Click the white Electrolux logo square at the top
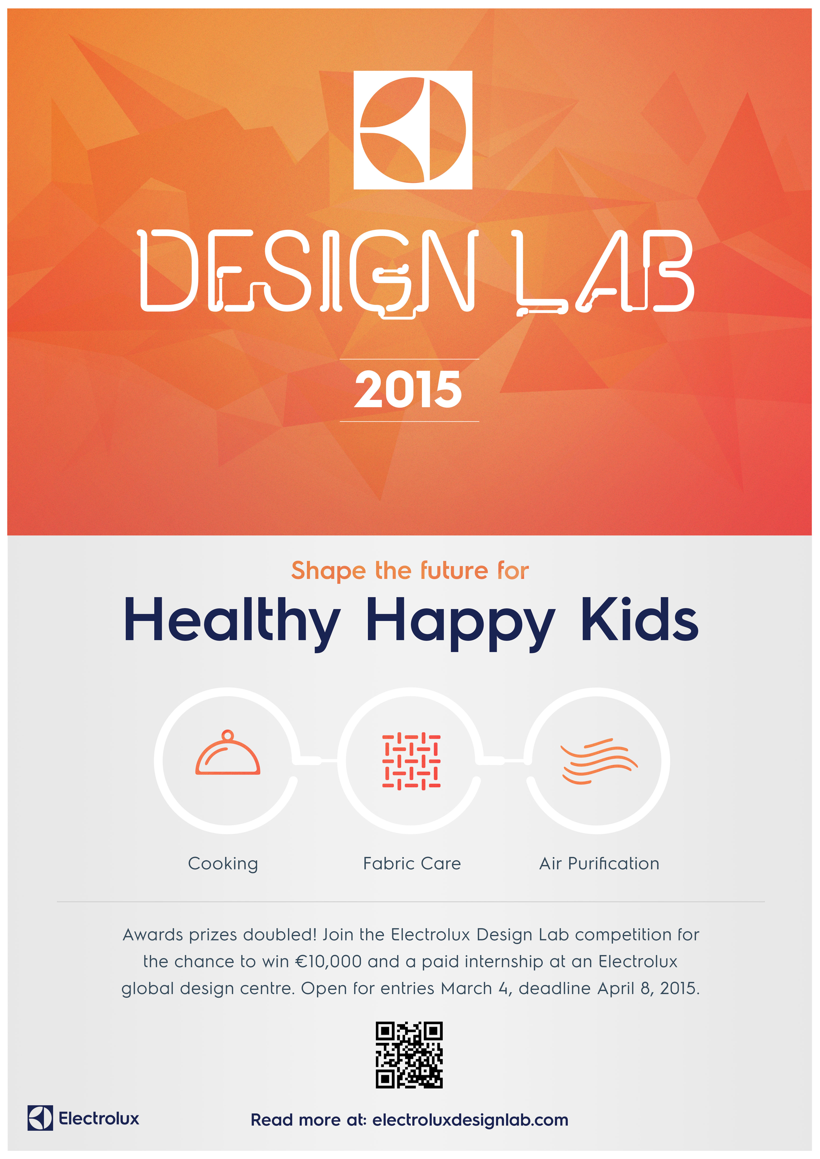(x=413, y=130)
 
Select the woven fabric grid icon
(x=411, y=761)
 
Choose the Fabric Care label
(x=412, y=864)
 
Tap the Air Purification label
(x=599, y=864)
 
